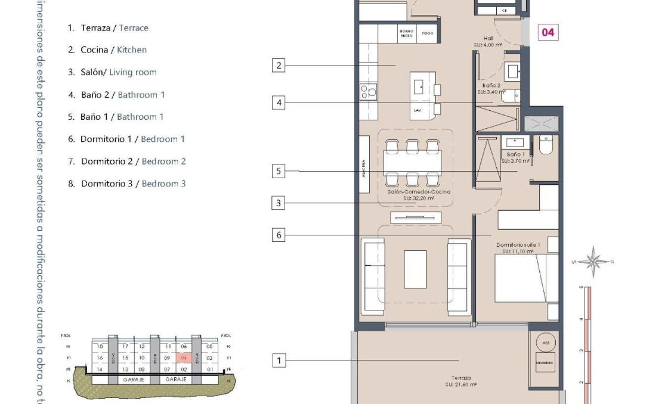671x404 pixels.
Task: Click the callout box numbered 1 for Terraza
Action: coord(279,360)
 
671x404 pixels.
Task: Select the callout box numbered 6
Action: coord(279,235)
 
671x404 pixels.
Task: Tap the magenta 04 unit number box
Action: coord(548,32)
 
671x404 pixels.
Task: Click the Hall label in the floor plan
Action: coord(488,38)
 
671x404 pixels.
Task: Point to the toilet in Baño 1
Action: coord(546,146)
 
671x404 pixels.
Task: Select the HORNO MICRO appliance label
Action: coord(406,33)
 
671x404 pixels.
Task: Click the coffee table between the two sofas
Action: coord(415,269)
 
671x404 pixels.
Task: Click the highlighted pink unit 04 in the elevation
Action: coord(184,358)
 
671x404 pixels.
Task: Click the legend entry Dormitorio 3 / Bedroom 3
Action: coord(126,184)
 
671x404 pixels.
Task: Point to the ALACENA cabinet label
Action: coord(363,164)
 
